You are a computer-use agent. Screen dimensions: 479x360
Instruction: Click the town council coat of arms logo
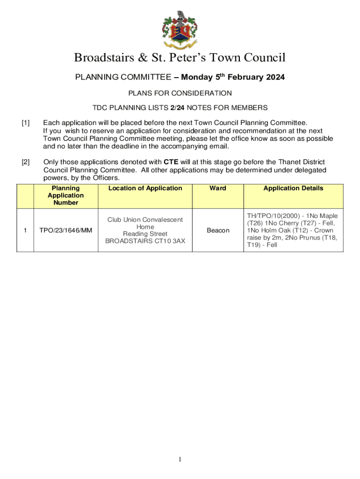point(180,29)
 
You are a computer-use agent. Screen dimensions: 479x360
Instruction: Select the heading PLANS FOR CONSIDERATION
point(180,93)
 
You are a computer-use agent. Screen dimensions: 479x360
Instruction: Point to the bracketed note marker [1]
point(25,123)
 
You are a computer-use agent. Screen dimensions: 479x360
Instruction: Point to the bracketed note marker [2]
point(25,162)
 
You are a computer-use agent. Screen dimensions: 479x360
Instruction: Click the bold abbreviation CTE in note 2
point(171,162)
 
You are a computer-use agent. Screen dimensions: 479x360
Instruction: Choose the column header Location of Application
point(145,188)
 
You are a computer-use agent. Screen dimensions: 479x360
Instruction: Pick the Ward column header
point(218,188)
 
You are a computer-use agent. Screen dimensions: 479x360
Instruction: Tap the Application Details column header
point(293,188)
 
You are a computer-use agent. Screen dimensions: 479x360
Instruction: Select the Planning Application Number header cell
point(65,196)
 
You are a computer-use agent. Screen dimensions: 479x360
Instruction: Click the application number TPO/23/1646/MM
point(65,231)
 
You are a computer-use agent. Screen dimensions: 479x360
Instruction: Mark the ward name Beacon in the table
point(218,231)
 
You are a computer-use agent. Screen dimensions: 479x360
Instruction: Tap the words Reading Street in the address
point(145,234)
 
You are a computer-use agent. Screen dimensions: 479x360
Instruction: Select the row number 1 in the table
point(25,231)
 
